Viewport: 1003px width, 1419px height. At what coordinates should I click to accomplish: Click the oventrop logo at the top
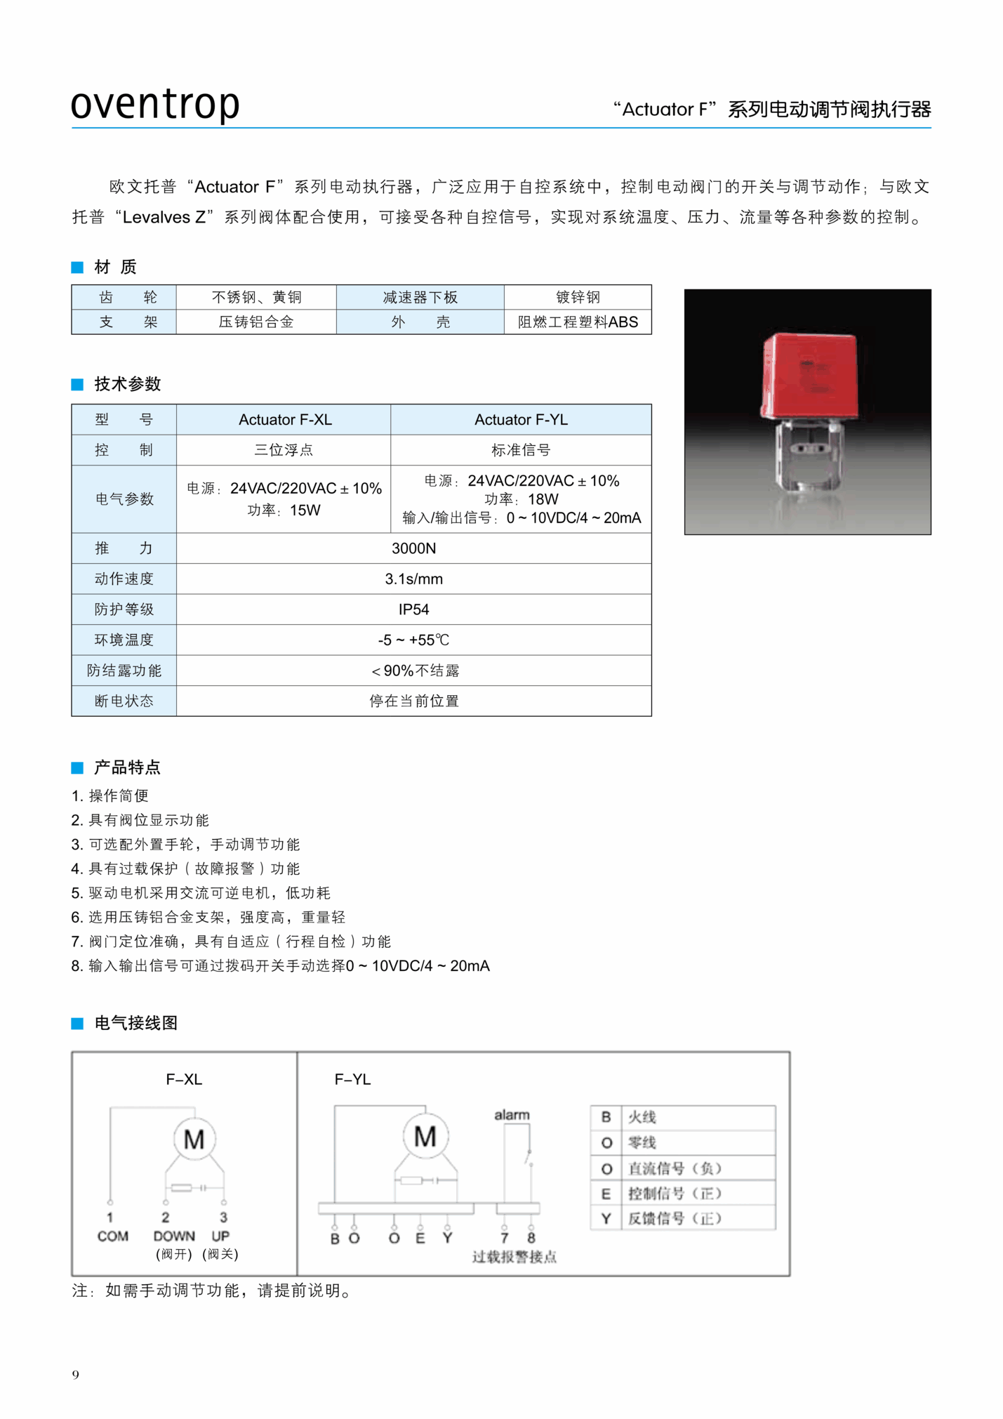[x=155, y=104]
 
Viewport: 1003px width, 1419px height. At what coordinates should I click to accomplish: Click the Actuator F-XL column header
[x=284, y=419]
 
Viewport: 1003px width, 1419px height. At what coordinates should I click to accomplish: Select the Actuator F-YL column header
[x=521, y=419]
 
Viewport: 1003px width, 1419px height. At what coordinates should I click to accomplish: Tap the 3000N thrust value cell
[x=413, y=548]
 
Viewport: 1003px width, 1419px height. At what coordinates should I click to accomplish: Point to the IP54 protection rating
[x=413, y=609]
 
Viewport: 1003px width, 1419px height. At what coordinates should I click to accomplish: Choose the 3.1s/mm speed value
[x=413, y=579]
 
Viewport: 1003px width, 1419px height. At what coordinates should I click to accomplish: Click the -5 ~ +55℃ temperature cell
[x=413, y=640]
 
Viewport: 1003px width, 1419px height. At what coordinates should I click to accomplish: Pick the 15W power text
[x=284, y=510]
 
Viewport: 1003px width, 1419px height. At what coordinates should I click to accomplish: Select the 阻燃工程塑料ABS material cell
[x=578, y=322]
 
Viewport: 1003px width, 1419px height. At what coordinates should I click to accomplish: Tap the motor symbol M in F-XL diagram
[x=194, y=1139]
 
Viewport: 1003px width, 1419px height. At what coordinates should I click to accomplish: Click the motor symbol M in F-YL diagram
[x=425, y=1136]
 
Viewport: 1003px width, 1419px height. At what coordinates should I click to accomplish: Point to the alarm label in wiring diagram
[x=512, y=1114]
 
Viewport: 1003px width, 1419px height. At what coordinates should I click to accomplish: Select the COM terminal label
[x=112, y=1236]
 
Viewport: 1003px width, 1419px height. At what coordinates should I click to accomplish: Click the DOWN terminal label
[x=173, y=1236]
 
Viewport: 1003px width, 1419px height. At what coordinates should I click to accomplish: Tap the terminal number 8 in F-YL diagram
[x=531, y=1238]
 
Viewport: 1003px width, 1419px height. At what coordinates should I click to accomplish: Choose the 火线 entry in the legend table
[x=642, y=1117]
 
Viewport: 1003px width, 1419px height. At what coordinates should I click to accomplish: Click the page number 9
[x=76, y=1375]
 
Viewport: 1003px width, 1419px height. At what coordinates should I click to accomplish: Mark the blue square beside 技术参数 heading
[x=77, y=384]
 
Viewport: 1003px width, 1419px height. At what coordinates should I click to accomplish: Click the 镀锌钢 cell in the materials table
[x=578, y=297]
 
